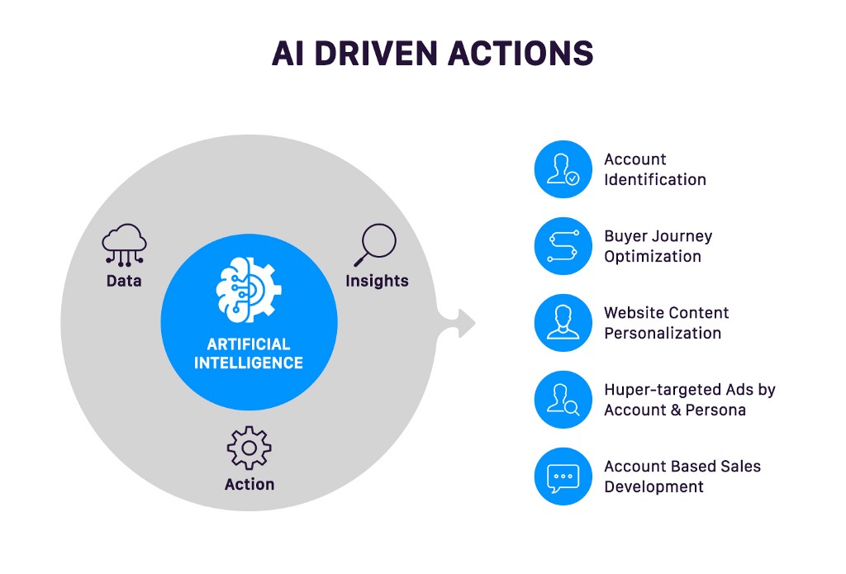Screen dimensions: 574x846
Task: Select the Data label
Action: click(x=124, y=281)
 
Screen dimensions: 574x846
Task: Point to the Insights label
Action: click(x=377, y=281)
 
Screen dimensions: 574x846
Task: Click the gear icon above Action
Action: click(x=250, y=448)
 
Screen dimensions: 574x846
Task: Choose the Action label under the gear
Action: click(x=250, y=484)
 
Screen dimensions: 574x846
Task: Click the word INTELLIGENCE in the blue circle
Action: click(x=249, y=363)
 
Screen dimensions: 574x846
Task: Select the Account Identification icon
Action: click(x=563, y=169)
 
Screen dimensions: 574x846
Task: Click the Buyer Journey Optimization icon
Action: click(x=563, y=246)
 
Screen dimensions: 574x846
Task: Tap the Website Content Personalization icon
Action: click(x=563, y=323)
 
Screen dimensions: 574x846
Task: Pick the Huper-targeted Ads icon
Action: click(x=563, y=400)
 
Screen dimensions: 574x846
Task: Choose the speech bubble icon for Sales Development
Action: click(x=563, y=477)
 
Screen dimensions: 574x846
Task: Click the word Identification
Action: click(x=655, y=179)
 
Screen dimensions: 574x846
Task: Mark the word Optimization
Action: click(x=653, y=256)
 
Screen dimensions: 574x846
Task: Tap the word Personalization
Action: click(x=663, y=333)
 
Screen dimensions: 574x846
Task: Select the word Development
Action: click(x=654, y=486)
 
